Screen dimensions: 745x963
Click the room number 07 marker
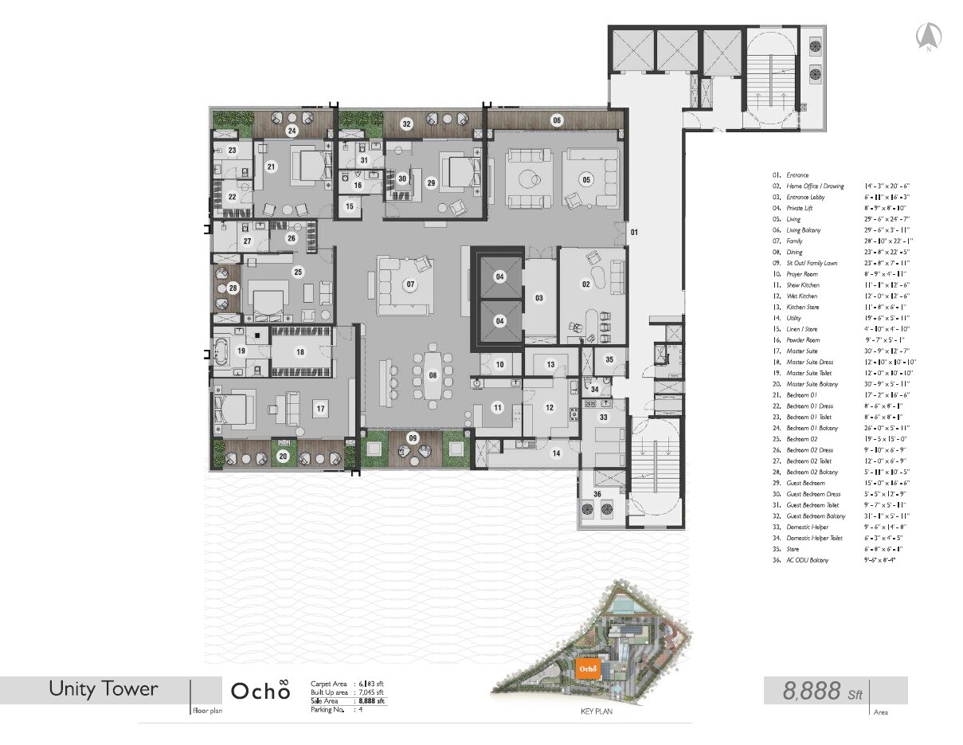point(411,284)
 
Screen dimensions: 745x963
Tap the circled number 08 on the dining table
point(433,374)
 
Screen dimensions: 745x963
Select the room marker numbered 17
point(320,409)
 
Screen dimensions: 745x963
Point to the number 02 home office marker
point(585,284)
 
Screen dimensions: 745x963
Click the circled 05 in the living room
point(586,179)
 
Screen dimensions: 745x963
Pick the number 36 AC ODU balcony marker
point(597,494)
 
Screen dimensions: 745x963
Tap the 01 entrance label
point(635,233)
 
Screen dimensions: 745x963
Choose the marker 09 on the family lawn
point(412,437)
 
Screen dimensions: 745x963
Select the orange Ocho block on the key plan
point(589,668)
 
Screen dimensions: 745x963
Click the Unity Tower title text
point(104,688)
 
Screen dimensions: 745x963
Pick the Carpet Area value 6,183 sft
point(371,684)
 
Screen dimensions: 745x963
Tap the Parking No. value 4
point(361,709)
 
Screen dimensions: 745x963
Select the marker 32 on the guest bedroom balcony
point(406,124)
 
